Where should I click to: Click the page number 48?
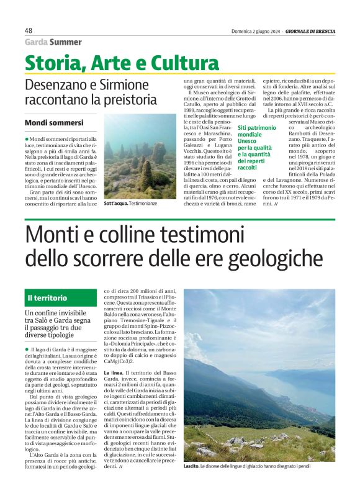tap(29, 30)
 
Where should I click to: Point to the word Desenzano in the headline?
tap(55, 84)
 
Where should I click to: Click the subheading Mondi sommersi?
tap(54, 123)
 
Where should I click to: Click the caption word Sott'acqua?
tap(115, 203)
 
